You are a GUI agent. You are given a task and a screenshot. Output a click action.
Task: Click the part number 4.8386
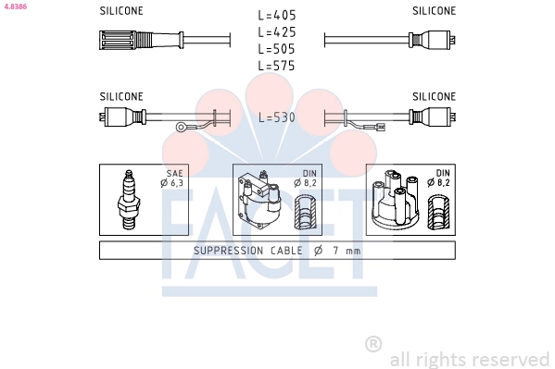click(15, 6)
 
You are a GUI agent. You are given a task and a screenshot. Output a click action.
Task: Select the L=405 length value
click(277, 15)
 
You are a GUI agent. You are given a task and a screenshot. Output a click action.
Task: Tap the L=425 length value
click(277, 32)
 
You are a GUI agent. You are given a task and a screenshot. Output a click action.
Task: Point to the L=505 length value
click(277, 49)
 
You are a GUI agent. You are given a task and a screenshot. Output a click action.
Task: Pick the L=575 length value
click(277, 66)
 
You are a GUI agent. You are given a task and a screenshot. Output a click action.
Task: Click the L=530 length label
click(277, 117)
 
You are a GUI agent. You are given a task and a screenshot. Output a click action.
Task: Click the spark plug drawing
click(129, 200)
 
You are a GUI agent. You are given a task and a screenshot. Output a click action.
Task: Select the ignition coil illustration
click(259, 201)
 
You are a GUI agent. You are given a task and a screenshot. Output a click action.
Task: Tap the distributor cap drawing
click(395, 200)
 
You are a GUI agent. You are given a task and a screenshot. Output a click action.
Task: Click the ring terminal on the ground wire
click(183, 127)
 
